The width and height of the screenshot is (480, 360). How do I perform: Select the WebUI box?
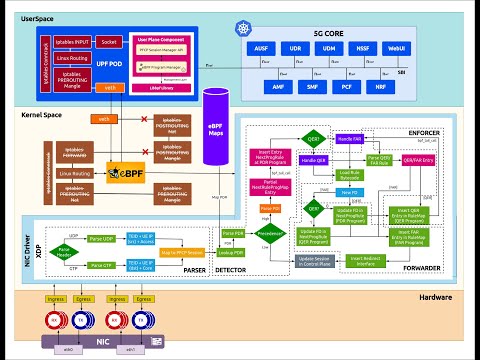pos(397,49)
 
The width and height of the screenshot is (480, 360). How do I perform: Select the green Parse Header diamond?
pos(65,249)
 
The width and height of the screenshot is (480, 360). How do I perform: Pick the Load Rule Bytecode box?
pos(349,172)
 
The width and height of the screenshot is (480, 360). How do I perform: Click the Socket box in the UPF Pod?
pos(108,43)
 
